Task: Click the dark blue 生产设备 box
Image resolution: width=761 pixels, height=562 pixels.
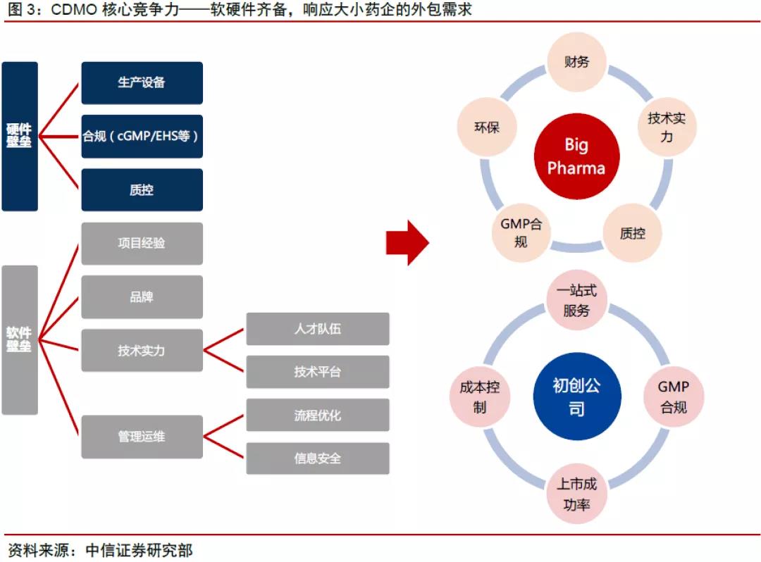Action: coord(142,83)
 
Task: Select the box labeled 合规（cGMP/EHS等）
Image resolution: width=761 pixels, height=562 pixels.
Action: coord(142,136)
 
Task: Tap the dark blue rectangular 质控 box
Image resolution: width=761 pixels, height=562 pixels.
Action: coord(142,189)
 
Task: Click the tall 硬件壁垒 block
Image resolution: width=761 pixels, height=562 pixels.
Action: coord(19,136)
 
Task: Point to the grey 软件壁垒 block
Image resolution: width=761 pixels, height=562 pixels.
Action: coord(19,339)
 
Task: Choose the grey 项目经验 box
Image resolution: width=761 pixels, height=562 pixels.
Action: coord(142,244)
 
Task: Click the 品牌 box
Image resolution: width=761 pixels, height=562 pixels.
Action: coord(142,296)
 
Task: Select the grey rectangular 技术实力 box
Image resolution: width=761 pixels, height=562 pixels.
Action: coord(142,350)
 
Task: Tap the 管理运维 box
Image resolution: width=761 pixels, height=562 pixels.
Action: coord(142,437)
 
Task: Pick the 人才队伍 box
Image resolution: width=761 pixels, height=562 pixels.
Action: coord(317,329)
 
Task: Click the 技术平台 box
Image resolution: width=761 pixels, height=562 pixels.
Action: coord(317,372)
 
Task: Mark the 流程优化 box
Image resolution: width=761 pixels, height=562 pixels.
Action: coord(317,415)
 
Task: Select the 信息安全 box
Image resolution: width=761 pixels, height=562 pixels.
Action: coord(317,458)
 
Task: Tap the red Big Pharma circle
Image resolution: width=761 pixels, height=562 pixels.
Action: coord(576,156)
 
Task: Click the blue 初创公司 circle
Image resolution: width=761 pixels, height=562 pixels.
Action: coord(576,396)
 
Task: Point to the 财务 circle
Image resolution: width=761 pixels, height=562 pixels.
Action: coord(576,62)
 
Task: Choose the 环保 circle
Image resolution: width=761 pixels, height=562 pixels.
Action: coord(487,127)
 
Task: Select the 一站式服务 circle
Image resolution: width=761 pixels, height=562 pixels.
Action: coord(576,301)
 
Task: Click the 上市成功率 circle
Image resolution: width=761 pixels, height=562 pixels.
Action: coord(576,494)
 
